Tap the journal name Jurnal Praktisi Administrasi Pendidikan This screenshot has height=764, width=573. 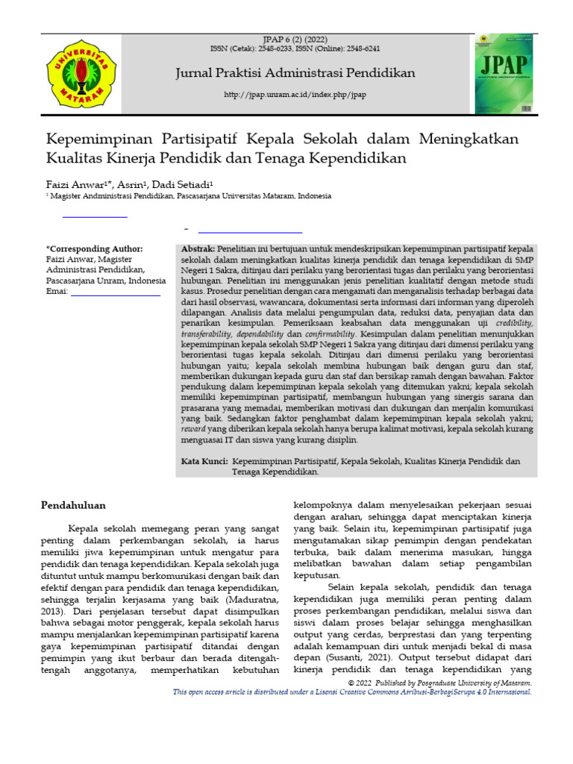point(295,72)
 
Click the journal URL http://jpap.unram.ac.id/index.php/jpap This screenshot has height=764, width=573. point(295,95)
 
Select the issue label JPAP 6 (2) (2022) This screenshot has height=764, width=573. point(295,39)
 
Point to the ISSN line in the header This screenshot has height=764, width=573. point(295,48)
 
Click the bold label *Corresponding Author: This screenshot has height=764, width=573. point(94,248)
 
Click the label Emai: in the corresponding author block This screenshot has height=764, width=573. point(57,291)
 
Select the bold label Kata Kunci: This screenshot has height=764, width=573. point(205,462)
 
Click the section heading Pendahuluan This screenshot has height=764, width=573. point(72,505)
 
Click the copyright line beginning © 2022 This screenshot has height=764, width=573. point(440,683)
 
